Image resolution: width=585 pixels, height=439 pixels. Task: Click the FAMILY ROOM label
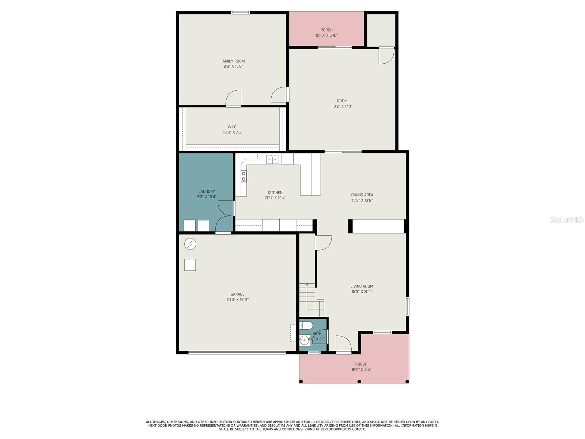click(233, 61)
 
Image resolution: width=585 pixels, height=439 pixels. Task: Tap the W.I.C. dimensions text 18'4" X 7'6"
click(233, 132)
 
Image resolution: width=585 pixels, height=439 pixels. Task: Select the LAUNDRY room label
click(207, 191)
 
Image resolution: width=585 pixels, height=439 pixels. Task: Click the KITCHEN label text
click(275, 193)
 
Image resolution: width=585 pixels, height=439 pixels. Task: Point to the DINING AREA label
click(362, 195)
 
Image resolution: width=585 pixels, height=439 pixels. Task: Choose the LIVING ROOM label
click(362, 286)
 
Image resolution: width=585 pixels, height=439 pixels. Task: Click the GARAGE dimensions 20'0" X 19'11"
click(237, 300)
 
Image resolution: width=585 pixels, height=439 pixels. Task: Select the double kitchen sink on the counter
click(272, 159)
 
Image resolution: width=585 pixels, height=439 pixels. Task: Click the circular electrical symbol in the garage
click(190, 244)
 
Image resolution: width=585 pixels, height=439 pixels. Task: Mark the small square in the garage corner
click(190, 264)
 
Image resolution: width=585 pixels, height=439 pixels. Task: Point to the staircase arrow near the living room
click(307, 285)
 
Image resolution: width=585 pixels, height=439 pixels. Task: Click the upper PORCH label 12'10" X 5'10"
click(327, 33)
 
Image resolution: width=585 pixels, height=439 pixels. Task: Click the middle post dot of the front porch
click(359, 382)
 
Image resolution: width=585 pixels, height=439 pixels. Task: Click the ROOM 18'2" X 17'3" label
click(342, 104)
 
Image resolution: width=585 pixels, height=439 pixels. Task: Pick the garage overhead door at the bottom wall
click(237, 353)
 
